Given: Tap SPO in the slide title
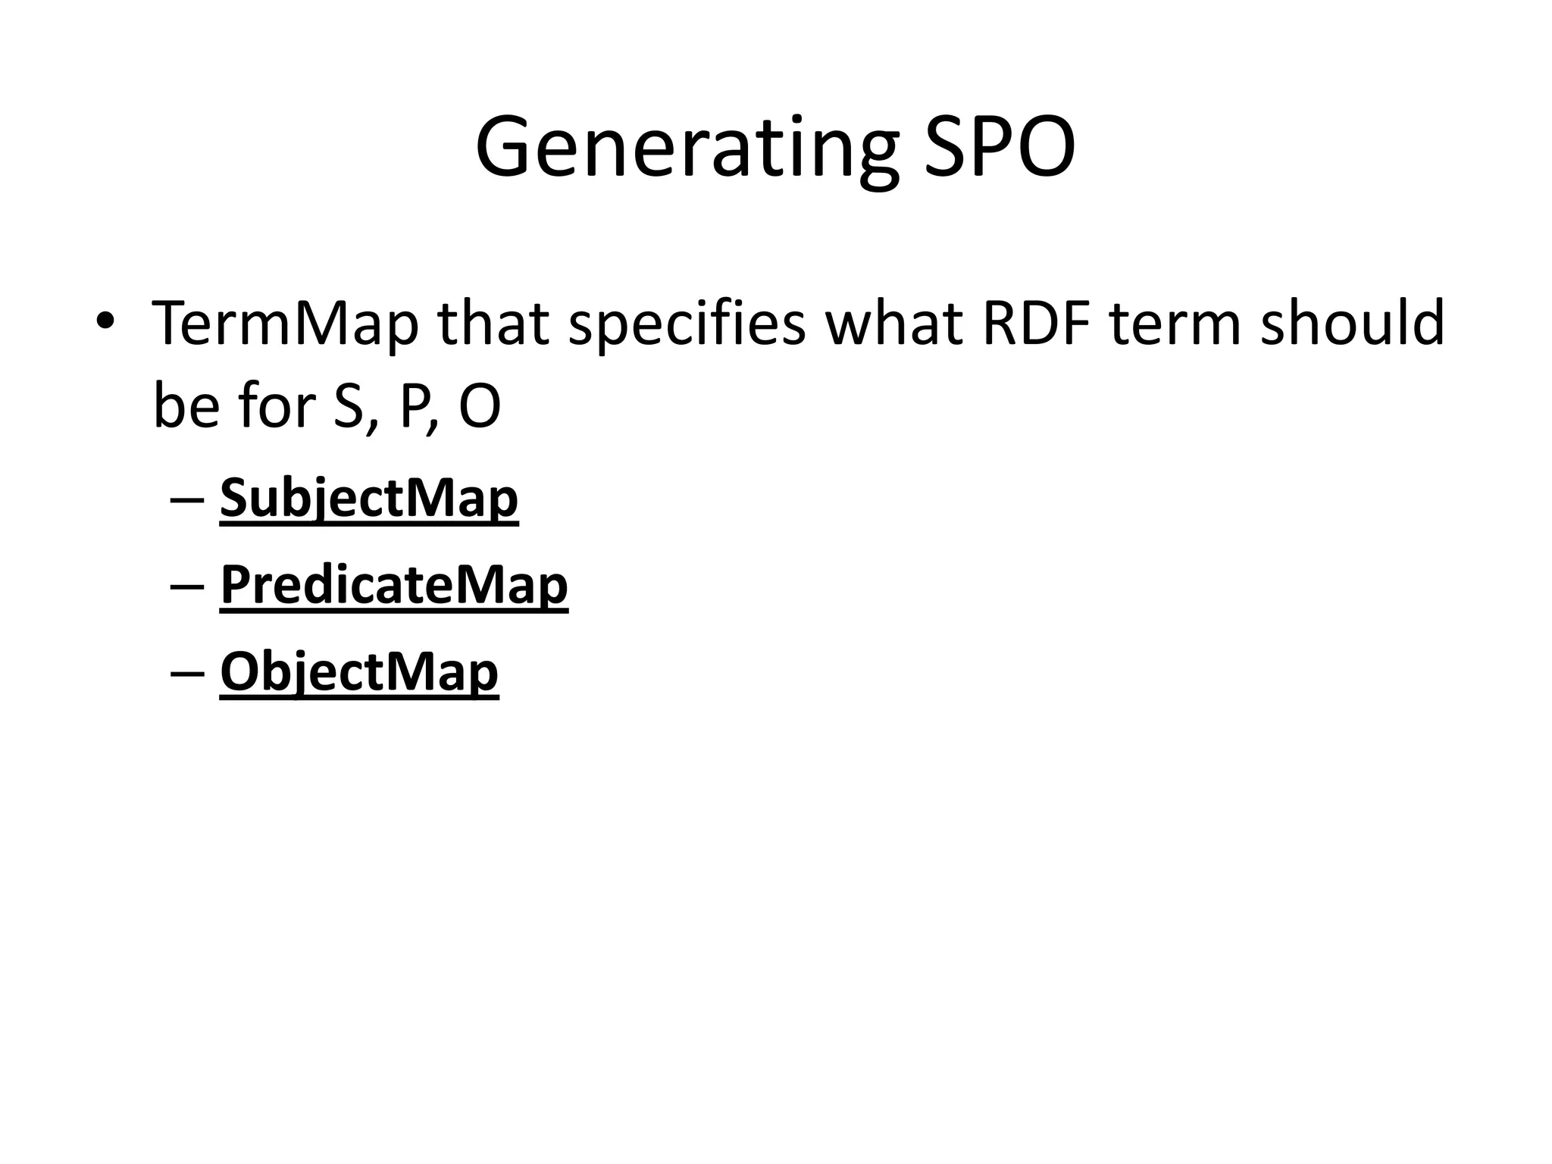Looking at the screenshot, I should pos(1000,148).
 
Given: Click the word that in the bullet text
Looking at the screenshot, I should pos(493,324).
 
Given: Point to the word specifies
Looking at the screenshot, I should pos(687,324).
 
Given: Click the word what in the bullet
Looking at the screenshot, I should pos(894,324).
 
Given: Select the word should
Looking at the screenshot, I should pos(1352,324).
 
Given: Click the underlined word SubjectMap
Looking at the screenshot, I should pos(368,499).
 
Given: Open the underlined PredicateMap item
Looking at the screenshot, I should pos(393,586).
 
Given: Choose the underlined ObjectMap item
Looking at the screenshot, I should pos(358,672).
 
